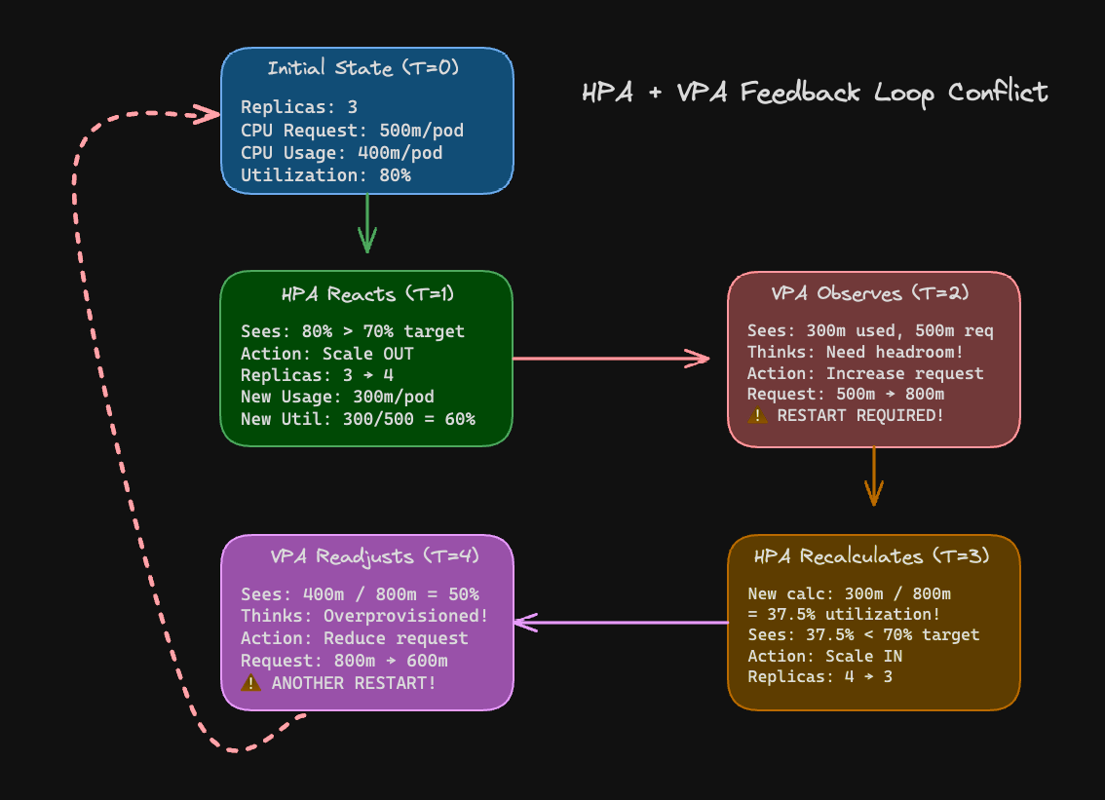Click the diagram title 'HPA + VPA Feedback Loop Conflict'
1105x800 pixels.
tap(815, 93)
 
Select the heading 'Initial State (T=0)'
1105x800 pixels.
tap(362, 68)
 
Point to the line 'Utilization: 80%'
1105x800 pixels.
tap(325, 175)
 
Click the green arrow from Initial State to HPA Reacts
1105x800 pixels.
tap(367, 223)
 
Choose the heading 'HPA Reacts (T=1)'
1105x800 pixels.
tap(367, 293)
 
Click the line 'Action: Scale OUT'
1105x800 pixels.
tap(326, 354)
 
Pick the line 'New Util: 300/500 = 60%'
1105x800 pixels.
tap(358, 419)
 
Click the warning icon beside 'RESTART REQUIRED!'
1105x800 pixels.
tap(757, 416)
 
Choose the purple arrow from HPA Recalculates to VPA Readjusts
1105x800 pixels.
tap(621, 622)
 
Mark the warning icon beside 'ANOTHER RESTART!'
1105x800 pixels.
tap(250, 683)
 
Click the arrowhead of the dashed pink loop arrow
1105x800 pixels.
tap(208, 114)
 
